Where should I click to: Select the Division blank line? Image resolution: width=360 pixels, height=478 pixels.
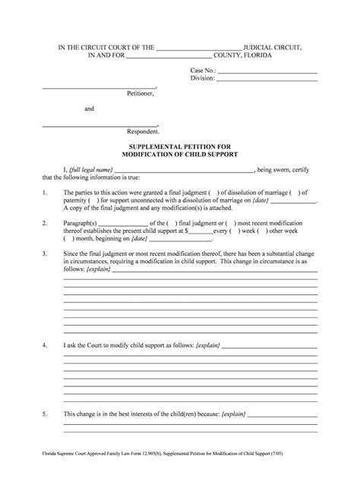[x=267, y=78]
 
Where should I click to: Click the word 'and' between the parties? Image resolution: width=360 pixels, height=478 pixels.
[x=89, y=108]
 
